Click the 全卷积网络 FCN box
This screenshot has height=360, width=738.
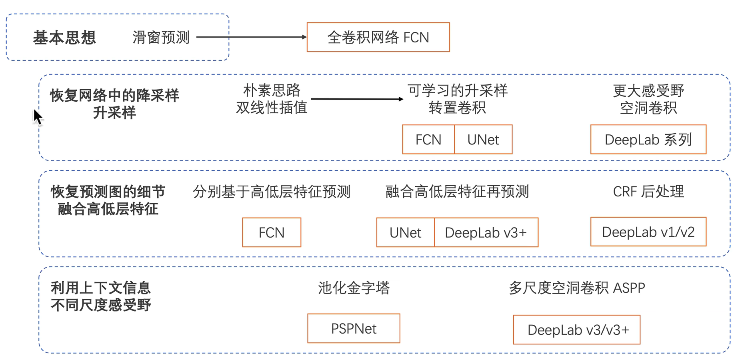point(378,37)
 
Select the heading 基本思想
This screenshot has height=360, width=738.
point(64,38)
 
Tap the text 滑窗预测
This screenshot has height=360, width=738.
point(161,38)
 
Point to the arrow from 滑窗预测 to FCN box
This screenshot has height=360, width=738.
point(252,37)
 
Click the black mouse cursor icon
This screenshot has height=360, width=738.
point(38,117)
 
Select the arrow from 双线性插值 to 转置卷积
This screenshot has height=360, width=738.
point(357,99)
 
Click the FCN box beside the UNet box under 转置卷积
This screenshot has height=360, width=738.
point(428,140)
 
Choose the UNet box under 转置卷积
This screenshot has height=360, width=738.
point(483,140)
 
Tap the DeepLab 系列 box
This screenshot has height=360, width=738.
point(648,140)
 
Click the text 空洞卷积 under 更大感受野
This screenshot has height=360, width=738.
point(648,108)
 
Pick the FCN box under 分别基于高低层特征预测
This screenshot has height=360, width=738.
point(272,232)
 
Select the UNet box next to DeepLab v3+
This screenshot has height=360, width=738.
point(405,232)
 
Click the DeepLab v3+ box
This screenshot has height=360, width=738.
point(486,232)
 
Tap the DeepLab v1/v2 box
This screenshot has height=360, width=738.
point(648,232)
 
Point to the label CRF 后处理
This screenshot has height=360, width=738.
point(648,192)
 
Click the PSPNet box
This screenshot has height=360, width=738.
point(354,328)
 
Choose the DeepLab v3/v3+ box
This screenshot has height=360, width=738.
point(576,330)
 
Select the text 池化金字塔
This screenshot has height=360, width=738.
point(354,288)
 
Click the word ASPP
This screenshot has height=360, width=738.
point(629,288)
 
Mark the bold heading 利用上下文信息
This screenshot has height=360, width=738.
point(100,288)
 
